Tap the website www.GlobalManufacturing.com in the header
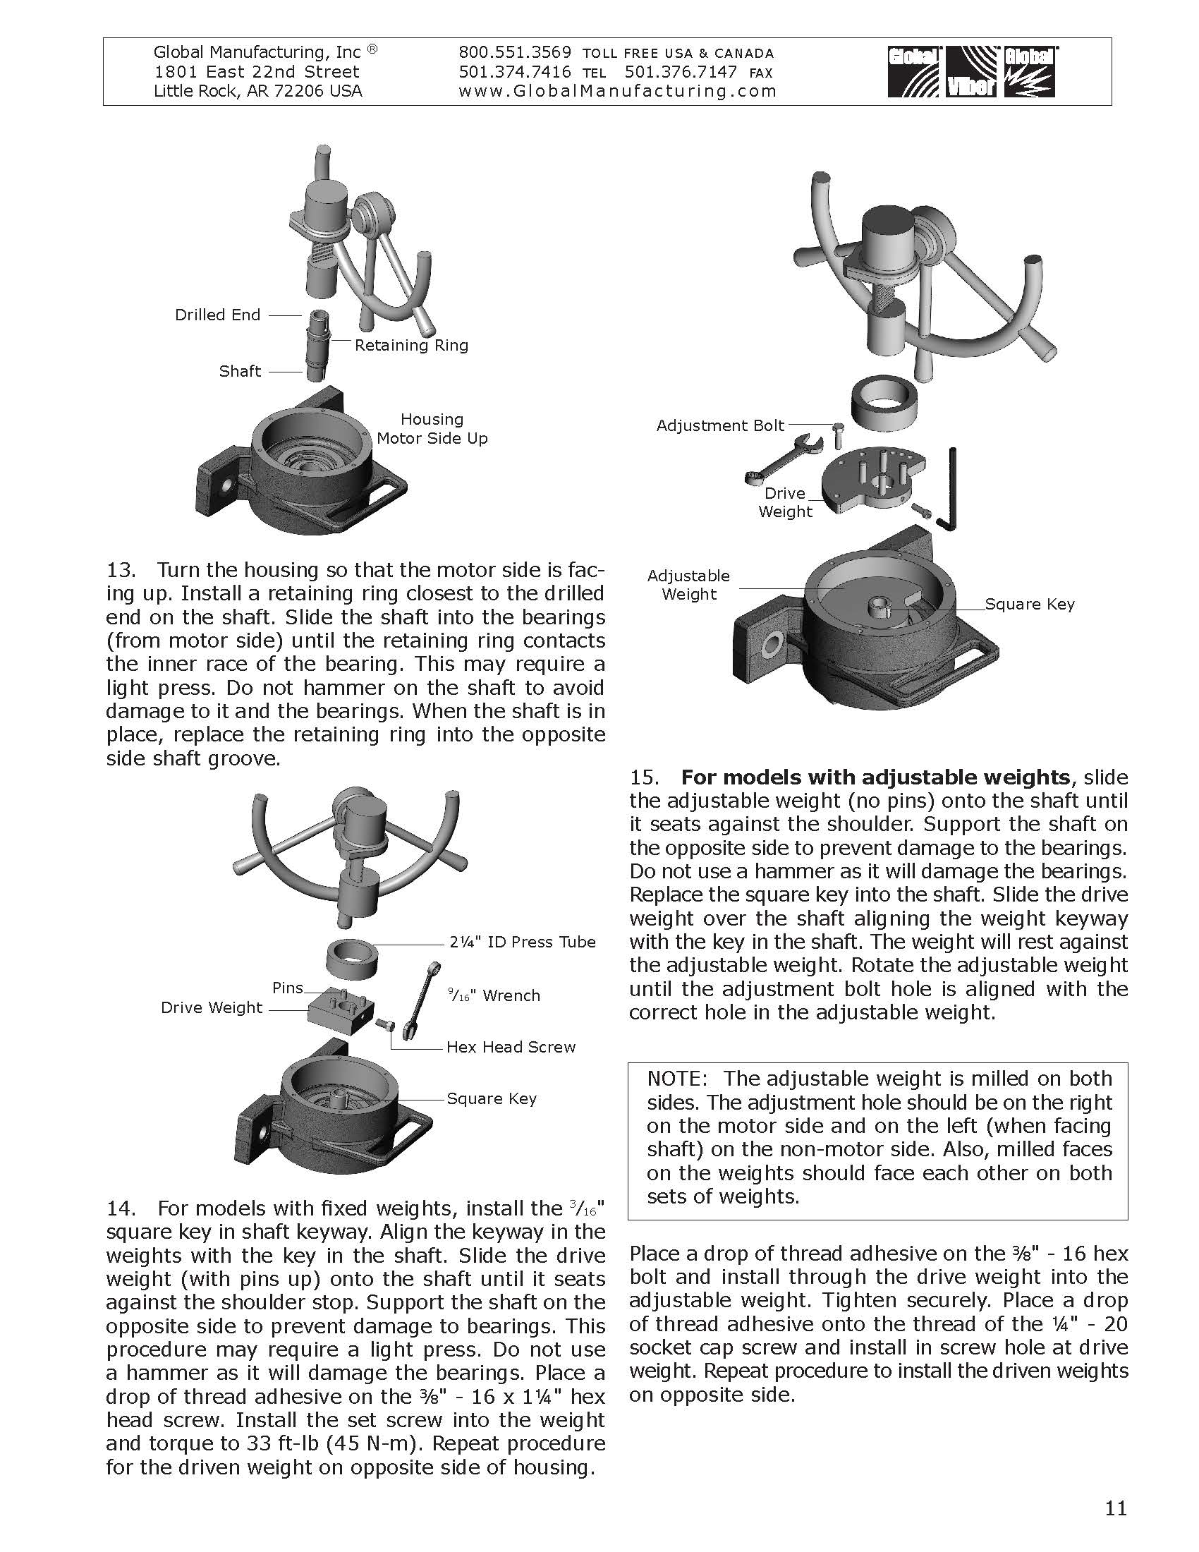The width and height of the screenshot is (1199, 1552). tap(617, 91)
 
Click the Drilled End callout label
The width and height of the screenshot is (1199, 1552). tap(217, 315)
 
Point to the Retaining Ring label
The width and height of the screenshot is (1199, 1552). tap(411, 346)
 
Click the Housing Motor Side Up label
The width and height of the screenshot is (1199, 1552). tap(432, 428)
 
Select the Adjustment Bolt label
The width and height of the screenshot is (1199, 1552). tap(720, 425)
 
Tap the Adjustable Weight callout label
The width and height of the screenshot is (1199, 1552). tap(688, 585)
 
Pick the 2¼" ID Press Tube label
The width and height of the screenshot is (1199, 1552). tap(522, 942)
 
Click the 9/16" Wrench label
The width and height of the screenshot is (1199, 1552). tap(494, 995)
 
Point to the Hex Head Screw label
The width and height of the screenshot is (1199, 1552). tap(511, 1048)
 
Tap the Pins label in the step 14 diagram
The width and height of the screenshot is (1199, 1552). tap(288, 988)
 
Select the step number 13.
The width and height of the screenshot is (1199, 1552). tap(120, 570)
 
